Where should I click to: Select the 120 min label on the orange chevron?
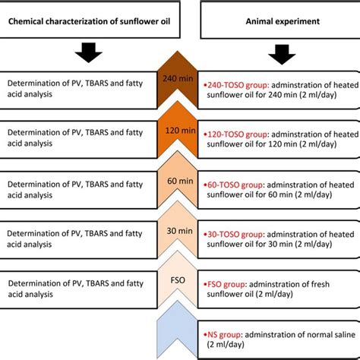coord(181,129)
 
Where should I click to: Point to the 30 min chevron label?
coord(181,232)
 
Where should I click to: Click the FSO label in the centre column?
coord(181,280)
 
